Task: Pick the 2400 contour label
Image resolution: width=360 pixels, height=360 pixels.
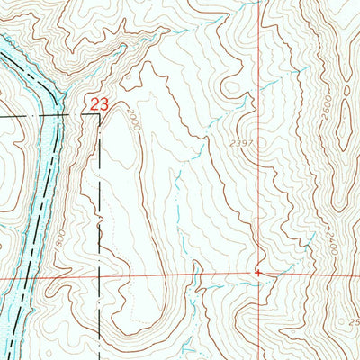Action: (332, 243)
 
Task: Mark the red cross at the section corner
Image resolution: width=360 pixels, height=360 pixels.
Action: (257, 270)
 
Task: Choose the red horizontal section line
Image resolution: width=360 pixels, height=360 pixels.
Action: (180, 274)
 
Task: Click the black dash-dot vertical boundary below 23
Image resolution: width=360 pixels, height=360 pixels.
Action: (97, 198)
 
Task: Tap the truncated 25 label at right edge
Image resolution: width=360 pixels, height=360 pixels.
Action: (355, 321)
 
